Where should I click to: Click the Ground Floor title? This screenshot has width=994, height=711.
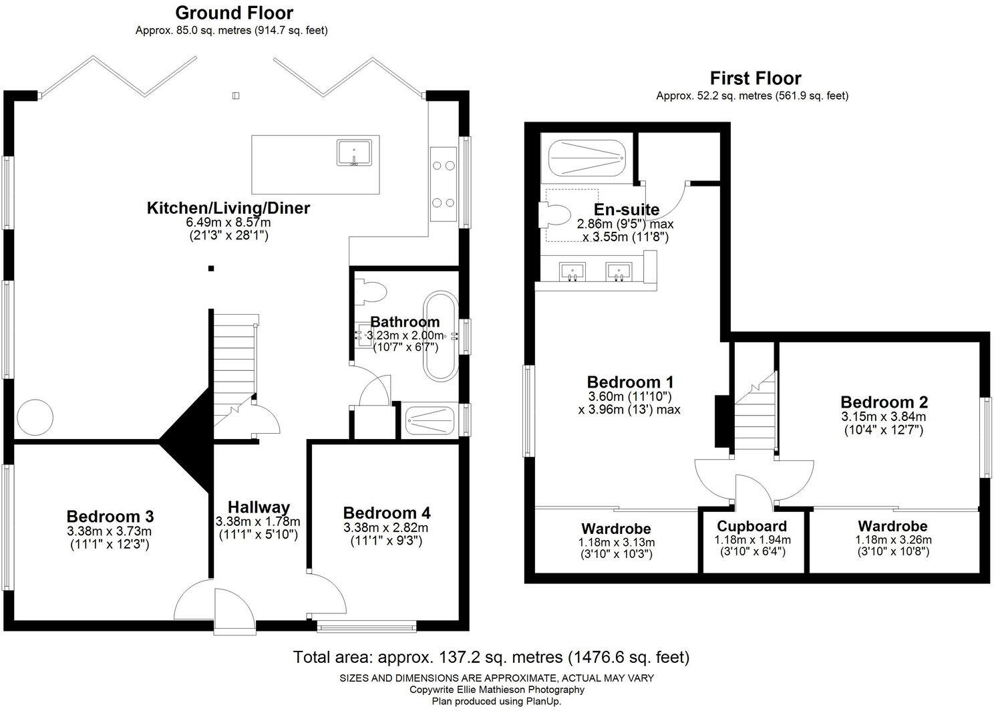233,13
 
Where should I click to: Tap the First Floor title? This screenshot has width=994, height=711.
755,78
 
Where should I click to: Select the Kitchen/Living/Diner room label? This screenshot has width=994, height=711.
228,208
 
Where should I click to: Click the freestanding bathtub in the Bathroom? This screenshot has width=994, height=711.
439,335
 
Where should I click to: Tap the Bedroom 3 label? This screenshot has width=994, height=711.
110,517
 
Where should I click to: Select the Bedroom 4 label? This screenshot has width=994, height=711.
386,513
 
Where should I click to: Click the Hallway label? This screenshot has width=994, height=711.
258,507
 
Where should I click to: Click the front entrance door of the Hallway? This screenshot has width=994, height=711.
215,604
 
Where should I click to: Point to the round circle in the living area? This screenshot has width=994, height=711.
35,418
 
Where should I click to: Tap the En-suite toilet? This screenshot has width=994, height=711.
554,215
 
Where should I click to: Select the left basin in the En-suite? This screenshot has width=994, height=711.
571,271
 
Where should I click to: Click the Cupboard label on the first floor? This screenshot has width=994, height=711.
752,526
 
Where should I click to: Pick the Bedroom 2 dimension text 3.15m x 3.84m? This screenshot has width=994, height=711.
884,416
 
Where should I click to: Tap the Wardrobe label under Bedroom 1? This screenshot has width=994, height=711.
615,529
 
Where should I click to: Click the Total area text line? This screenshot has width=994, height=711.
491,657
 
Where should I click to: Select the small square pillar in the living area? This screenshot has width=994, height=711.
210,269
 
